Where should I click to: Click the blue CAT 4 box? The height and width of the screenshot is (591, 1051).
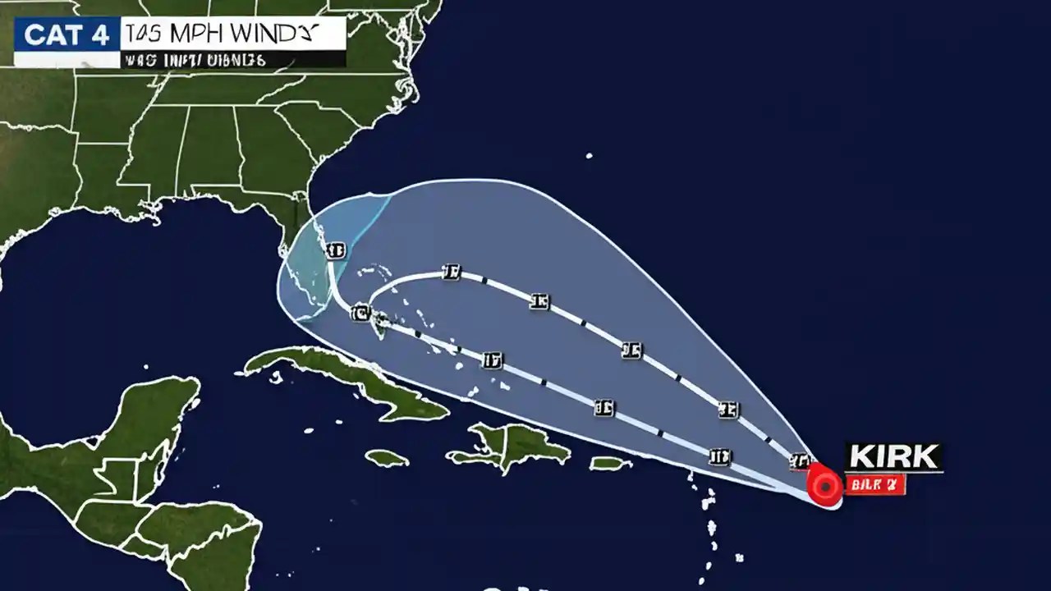point(66,36)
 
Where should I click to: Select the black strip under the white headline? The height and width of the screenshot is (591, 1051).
point(232,60)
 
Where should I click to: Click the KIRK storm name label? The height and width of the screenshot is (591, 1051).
point(893,457)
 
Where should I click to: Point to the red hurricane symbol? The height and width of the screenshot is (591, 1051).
point(824,485)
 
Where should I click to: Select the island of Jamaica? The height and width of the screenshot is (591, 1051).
point(386,458)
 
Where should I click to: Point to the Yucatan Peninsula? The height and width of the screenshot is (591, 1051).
point(156,415)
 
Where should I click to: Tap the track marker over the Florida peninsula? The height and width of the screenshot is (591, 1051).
point(335,250)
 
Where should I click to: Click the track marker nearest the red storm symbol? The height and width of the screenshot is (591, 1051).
point(800,461)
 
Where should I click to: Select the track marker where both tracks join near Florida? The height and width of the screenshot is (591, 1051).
point(360,313)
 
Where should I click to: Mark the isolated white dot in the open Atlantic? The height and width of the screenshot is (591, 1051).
point(589,155)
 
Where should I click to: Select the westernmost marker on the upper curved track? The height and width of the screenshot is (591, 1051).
point(450,273)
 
